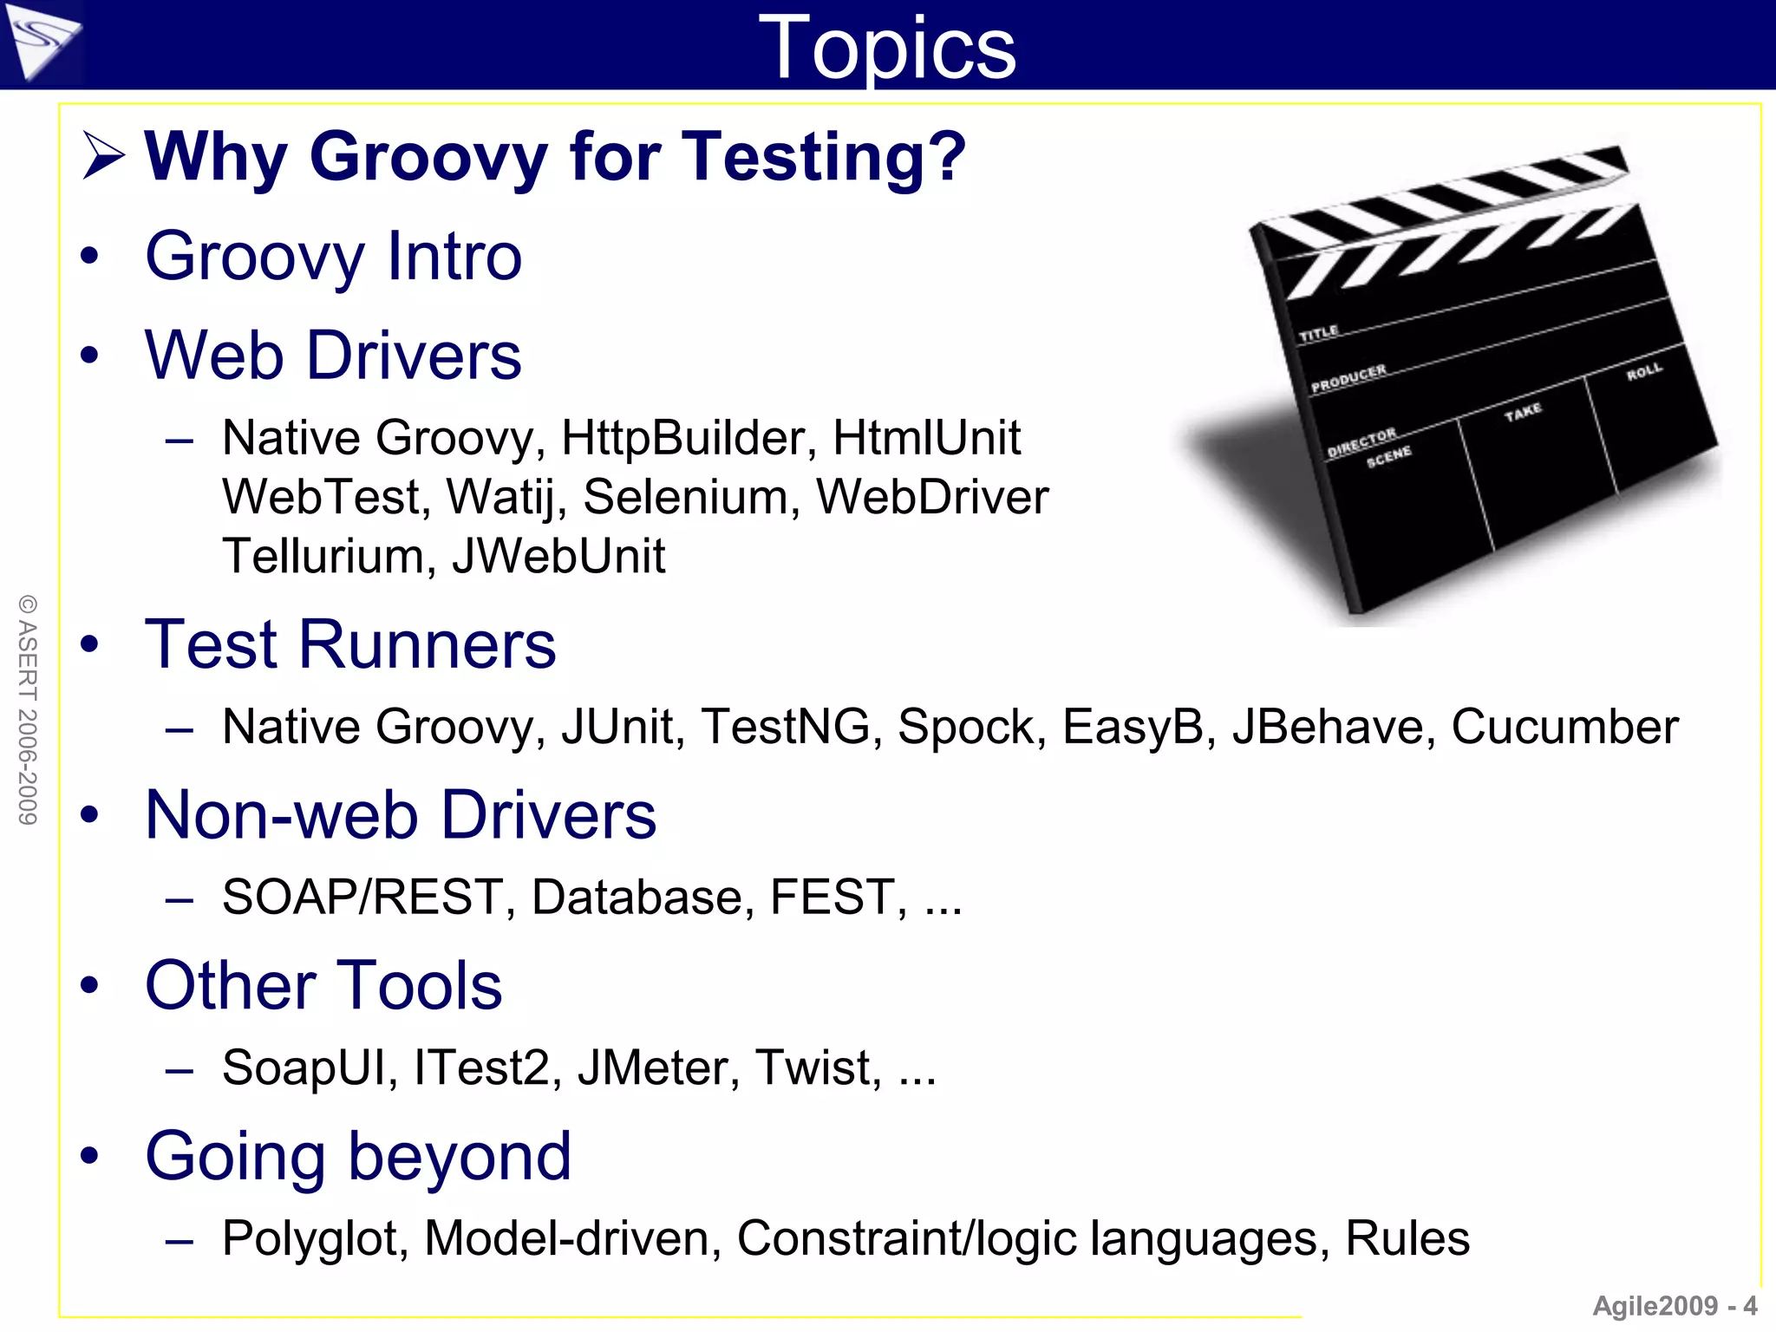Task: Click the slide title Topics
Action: pyautogui.click(x=886, y=49)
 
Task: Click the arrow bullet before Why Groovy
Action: pyautogui.click(x=103, y=156)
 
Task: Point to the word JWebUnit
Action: pyautogui.click(x=558, y=556)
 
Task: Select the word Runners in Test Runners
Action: pyautogui.click(x=428, y=645)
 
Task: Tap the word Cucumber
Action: pyautogui.click(x=1564, y=727)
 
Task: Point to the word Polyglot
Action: pyautogui.click(x=315, y=1239)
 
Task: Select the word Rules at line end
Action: pyautogui.click(x=1407, y=1238)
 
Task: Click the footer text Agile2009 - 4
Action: pyautogui.click(x=1675, y=1306)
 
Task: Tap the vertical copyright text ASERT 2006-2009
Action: pyautogui.click(x=28, y=709)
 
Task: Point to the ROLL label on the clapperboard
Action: pyautogui.click(x=1644, y=372)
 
